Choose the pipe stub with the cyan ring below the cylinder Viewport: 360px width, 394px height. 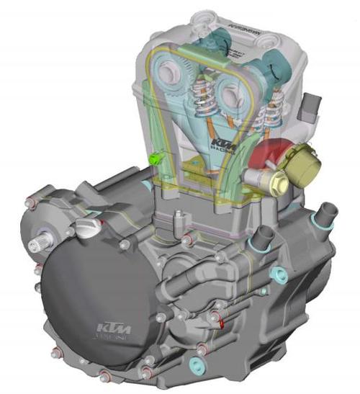(263, 235)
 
